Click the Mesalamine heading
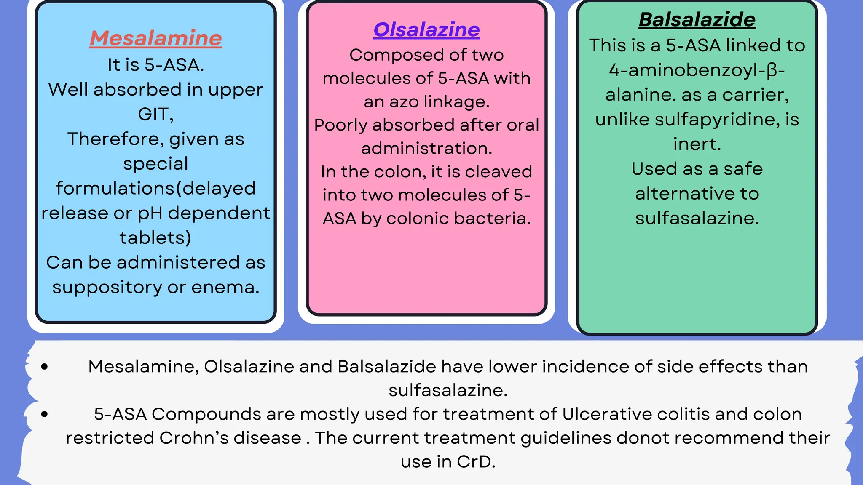[155, 38]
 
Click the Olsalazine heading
[426, 30]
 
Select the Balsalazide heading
[697, 20]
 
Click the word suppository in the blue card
[107, 288]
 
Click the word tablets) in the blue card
[155, 238]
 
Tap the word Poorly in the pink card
[340, 125]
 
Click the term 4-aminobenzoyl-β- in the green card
[697, 70]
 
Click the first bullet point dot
[45, 367]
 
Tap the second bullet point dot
[45, 414]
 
